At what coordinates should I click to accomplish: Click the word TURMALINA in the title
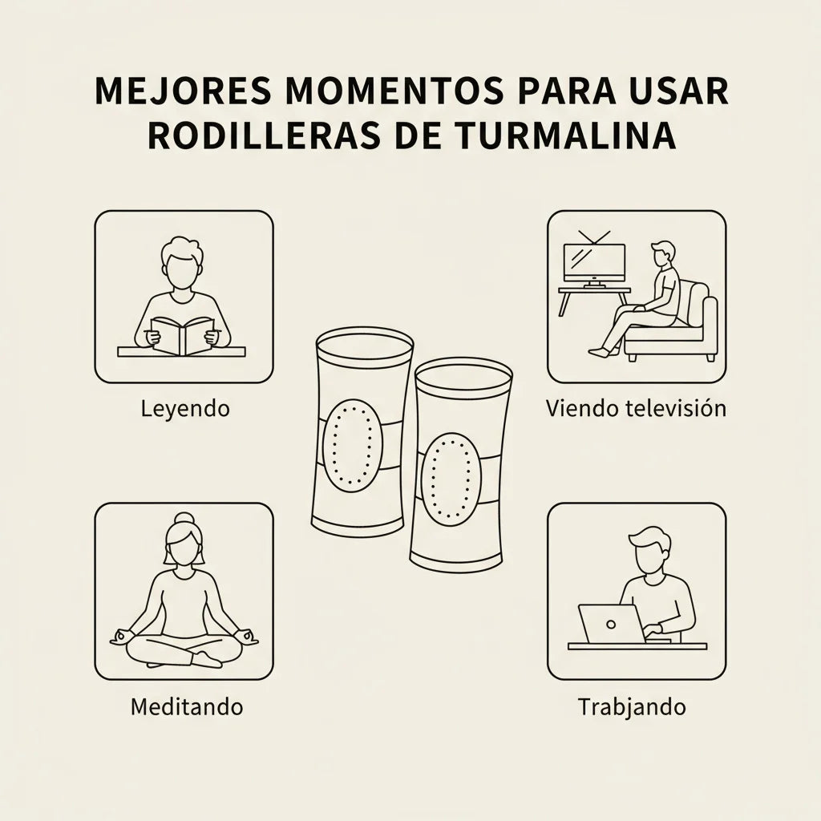click(565, 135)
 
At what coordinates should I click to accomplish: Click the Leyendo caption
click(185, 408)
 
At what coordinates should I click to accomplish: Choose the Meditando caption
click(187, 706)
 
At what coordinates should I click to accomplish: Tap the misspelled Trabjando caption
click(632, 707)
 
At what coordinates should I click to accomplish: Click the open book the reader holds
click(183, 335)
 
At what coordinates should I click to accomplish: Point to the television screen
click(594, 261)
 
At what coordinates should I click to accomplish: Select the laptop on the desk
click(612, 624)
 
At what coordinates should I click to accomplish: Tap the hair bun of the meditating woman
click(184, 519)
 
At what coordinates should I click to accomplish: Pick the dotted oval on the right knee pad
click(451, 479)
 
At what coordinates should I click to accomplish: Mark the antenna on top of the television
click(594, 237)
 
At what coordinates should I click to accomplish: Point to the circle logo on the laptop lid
click(610, 624)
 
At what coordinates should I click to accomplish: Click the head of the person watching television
click(662, 254)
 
